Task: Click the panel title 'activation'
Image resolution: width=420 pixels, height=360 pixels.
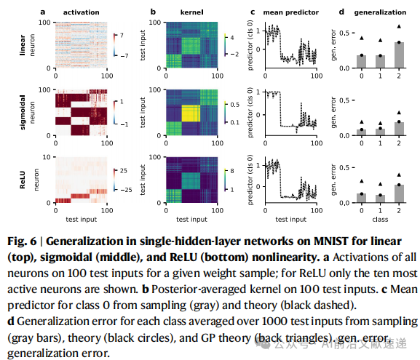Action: pos(81,12)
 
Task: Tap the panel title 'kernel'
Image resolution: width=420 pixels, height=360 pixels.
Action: pos(191,12)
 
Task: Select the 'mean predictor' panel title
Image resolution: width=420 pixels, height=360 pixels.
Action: pos(291,12)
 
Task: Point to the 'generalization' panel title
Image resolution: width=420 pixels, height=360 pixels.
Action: pos(380,12)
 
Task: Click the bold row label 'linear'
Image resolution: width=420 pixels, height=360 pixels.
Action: pos(23,45)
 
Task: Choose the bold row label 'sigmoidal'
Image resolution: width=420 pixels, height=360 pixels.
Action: pos(23,113)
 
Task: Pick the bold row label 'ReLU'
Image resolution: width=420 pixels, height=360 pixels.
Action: pos(23,180)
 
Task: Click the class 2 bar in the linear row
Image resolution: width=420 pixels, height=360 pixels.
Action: pos(399,55)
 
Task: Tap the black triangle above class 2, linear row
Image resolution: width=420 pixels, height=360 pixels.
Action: pos(399,26)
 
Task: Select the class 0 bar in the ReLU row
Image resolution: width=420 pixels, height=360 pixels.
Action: pos(362,198)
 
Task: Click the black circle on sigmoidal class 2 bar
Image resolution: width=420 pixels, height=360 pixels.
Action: pos(399,121)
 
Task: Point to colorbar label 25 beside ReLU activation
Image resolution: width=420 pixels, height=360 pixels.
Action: pos(124,171)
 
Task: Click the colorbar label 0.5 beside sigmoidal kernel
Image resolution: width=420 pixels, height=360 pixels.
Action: pos(235,105)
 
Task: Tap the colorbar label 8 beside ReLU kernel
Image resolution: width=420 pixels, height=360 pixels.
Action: pos(232,171)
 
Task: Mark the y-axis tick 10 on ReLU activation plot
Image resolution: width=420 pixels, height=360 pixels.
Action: pos(47,157)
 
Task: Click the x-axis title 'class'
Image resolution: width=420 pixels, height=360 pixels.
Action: pos(380,220)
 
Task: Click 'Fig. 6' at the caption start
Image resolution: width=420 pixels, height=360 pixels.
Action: pos(22,241)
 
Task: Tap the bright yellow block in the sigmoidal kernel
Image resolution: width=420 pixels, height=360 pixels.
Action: pos(191,113)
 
